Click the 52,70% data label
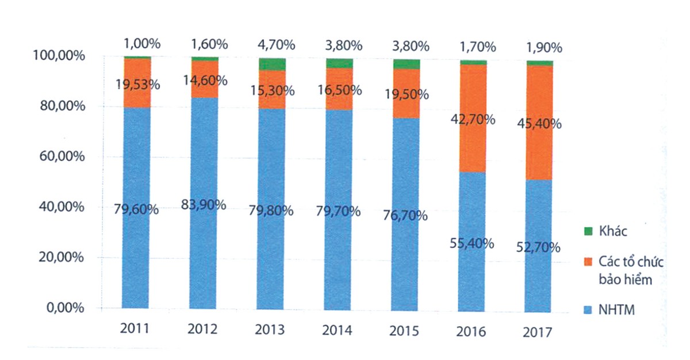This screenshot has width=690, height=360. coord(539,248)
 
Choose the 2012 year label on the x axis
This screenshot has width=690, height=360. coord(203,330)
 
